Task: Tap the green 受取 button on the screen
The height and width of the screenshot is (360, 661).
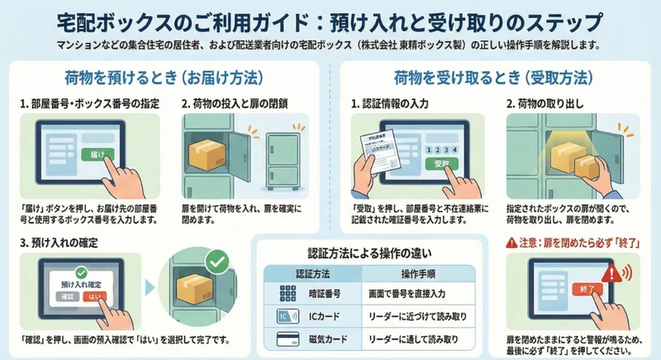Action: pyautogui.click(x=439, y=163)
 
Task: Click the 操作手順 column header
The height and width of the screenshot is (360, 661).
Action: pyautogui.click(x=407, y=272)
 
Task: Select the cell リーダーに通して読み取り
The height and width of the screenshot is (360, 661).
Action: pyautogui.click(x=408, y=339)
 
